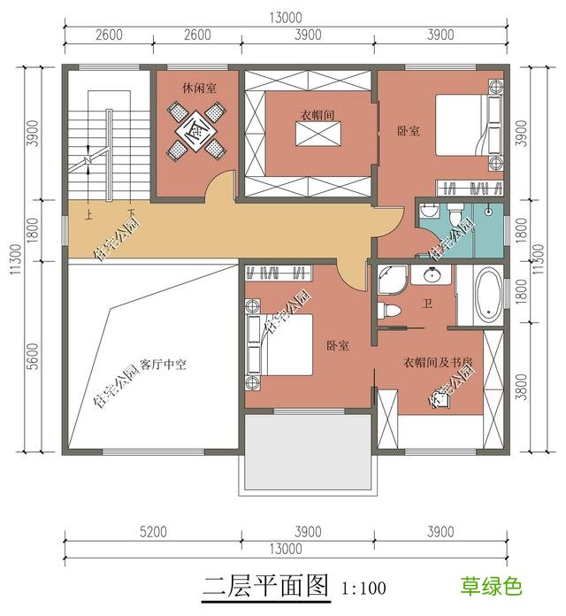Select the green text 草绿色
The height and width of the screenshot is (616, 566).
[490, 586]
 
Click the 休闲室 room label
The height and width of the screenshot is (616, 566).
[202, 88]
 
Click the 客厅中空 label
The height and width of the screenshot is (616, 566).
[168, 364]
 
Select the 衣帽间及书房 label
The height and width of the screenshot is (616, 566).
[439, 361]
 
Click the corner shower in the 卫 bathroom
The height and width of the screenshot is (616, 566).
[390, 281]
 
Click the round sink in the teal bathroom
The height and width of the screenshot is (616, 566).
[427, 210]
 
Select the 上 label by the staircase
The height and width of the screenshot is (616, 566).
[88, 213]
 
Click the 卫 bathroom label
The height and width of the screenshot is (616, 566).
[426, 304]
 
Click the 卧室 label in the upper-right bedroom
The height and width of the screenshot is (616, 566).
[408, 131]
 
